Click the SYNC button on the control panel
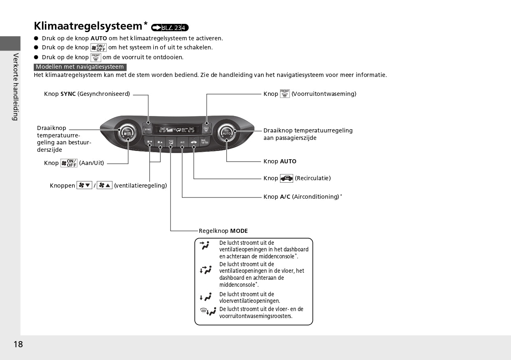click(148, 129)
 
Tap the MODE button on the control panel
click(171, 142)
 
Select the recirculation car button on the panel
click(194, 142)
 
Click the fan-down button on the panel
click(149, 142)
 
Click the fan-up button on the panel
click(160, 142)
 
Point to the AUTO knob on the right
click(226, 133)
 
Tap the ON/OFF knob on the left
click(128, 133)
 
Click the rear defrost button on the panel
click(204, 142)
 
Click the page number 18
click(18, 344)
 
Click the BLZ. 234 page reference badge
click(170, 28)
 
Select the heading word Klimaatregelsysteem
click(88, 26)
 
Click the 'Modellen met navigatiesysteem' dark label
click(80, 67)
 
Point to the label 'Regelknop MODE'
click(223, 231)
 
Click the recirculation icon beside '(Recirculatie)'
click(287, 178)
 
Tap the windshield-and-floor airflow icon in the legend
click(208, 312)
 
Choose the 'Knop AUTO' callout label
click(280, 161)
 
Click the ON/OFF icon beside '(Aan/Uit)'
click(69, 163)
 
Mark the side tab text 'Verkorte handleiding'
click(15, 86)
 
